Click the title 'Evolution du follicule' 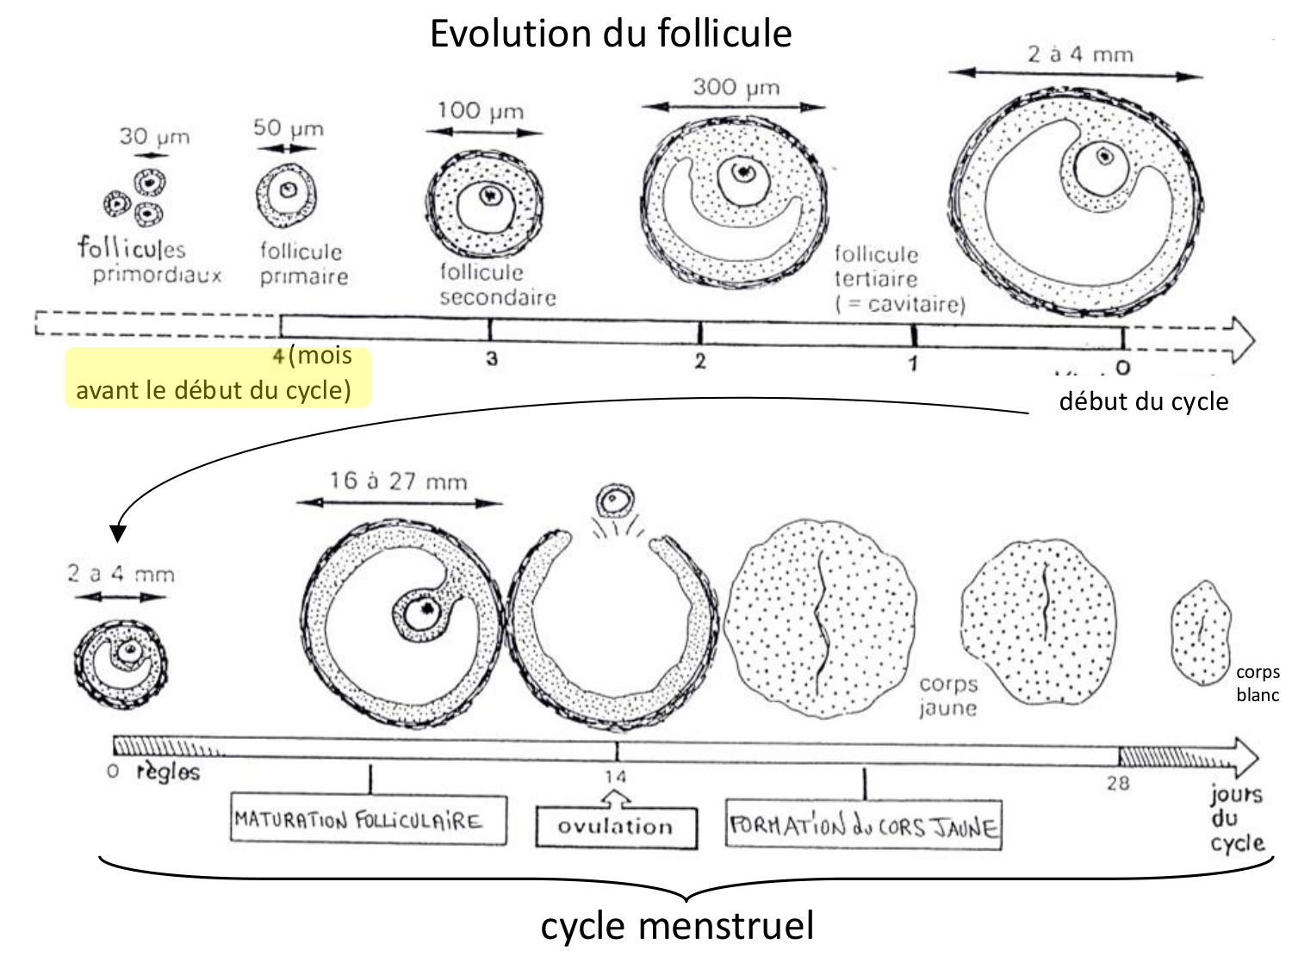(x=610, y=34)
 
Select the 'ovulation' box (x=615, y=827)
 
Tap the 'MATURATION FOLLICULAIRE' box (x=369, y=820)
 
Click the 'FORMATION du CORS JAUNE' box (x=863, y=826)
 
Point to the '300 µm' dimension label (x=736, y=88)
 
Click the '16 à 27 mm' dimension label (x=398, y=481)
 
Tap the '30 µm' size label (x=154, y=136)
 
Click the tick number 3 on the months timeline (x=491, y=359)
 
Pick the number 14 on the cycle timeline (x=615, y=778)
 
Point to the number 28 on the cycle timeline (x=1117, y=784)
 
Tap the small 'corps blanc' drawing (x=1200, y=633)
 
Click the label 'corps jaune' (x=947, y=696)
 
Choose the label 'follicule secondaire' (x=497, y=285)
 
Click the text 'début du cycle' (x=1143, y=401)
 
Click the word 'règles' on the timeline (x=168, y=772)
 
